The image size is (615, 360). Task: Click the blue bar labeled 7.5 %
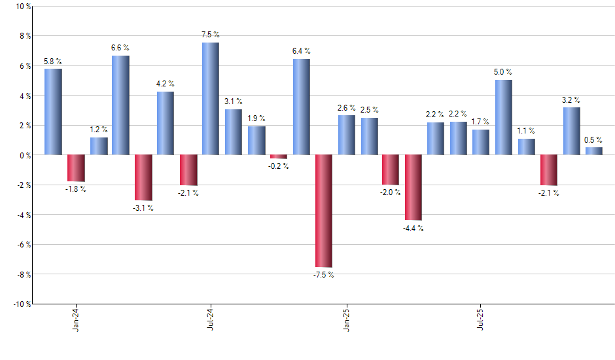pos(211,98)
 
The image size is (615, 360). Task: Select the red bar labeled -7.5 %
pos(324,211)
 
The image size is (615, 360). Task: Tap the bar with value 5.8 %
pos(53,111)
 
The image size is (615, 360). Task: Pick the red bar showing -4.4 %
pos(413,187)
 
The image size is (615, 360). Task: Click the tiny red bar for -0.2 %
pos(279,156)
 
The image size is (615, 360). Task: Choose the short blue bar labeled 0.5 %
pos(594,151)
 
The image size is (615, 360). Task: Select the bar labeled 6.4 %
pos(302,107)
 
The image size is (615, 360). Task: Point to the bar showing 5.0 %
pos(504,117)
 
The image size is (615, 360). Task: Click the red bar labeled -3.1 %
pos(143,177)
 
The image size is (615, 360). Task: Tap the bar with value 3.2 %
pos(572,131)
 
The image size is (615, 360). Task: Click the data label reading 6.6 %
pos(120,48)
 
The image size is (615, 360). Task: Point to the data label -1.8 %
pos(76,190)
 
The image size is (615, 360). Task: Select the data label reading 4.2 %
pos(166,84)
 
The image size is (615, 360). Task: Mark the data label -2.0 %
pos(391,193)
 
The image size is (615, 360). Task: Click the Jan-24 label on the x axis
pos(76,318)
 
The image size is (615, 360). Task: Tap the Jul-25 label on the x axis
pos(481,318)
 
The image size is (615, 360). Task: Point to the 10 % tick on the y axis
pos(22,7)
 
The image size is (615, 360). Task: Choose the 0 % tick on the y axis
pos(24,155)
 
